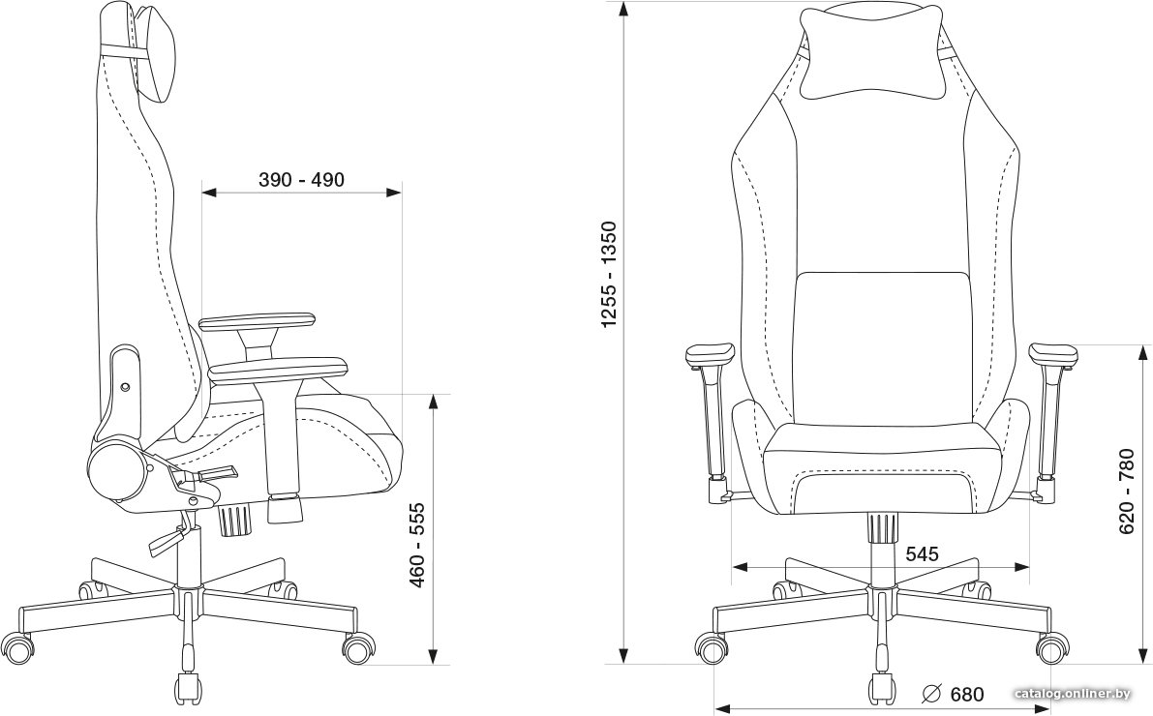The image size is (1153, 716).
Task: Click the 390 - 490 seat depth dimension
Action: tap(301, 179)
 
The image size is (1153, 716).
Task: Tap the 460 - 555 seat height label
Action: tap(417, 545)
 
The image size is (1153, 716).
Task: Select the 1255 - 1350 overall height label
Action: tap(610, 274)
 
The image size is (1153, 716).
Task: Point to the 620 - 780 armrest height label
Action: tap(1127, 492)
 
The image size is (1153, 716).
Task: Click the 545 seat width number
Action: tap(922, 553)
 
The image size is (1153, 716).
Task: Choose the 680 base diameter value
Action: tap(966, 693)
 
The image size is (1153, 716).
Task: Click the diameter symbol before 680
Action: tap(931, 693)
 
